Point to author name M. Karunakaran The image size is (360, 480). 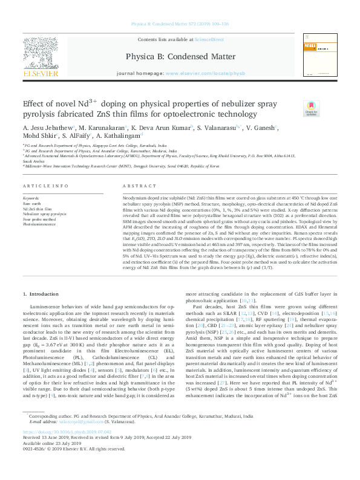(x=103, y=128)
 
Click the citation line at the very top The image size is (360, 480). (x=180, y=24)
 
